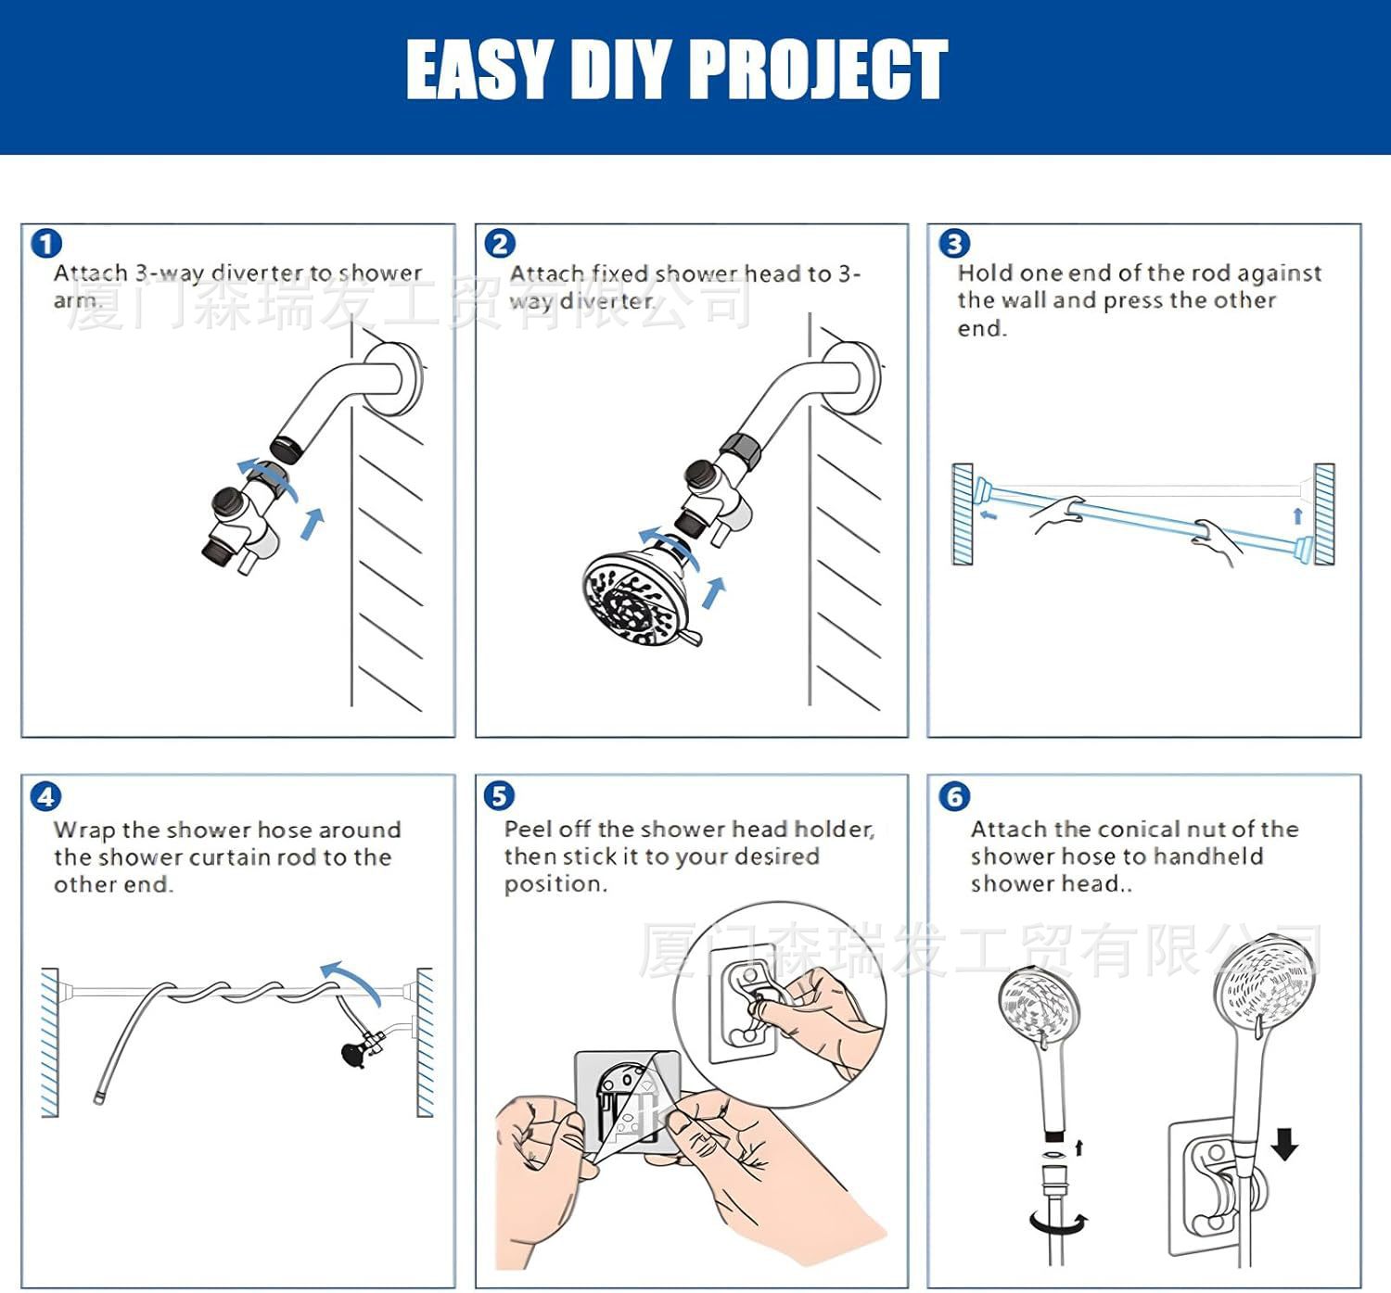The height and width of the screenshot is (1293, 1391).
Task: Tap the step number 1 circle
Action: click(46, 244)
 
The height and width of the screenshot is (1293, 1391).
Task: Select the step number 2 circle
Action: click(500, 244)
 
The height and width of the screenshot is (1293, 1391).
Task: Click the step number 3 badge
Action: click(954, 244)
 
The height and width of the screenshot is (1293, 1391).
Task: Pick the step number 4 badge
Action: click(46, 796)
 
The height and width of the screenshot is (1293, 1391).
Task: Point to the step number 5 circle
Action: click(499, 796)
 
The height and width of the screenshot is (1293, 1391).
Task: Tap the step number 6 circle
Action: click(954, 796)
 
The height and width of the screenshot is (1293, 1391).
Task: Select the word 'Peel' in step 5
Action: click(529, 829)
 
